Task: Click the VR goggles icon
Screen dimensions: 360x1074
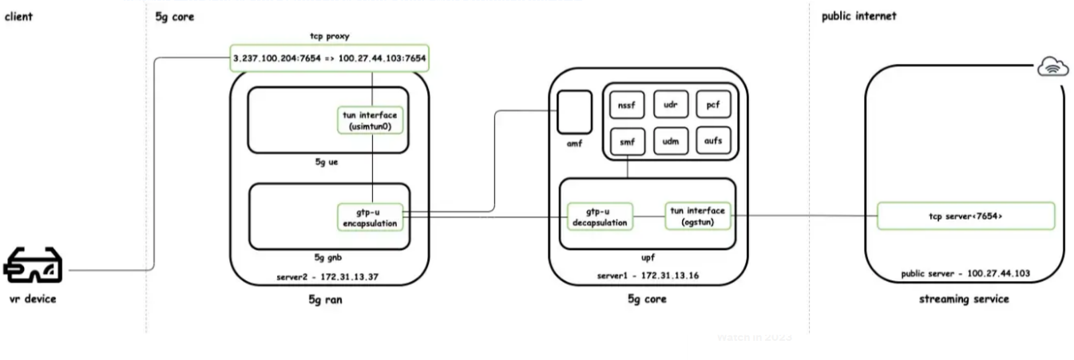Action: point(33,267)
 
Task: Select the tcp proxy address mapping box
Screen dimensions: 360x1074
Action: point(329,58)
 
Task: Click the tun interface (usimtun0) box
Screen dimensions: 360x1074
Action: point(370,121)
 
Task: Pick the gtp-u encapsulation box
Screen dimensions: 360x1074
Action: point(370,217)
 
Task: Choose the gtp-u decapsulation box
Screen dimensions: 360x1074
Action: point(599,216)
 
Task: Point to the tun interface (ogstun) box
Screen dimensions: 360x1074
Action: point(696,216)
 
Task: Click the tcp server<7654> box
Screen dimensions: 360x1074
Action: point(965,216)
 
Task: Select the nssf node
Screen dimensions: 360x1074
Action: point(626,104)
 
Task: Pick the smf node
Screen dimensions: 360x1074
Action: point(626,141)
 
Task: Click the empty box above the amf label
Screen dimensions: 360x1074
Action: point(574,111)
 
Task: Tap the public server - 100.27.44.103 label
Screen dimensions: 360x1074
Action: point(965,273)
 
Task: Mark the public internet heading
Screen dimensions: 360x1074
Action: point(858,16)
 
